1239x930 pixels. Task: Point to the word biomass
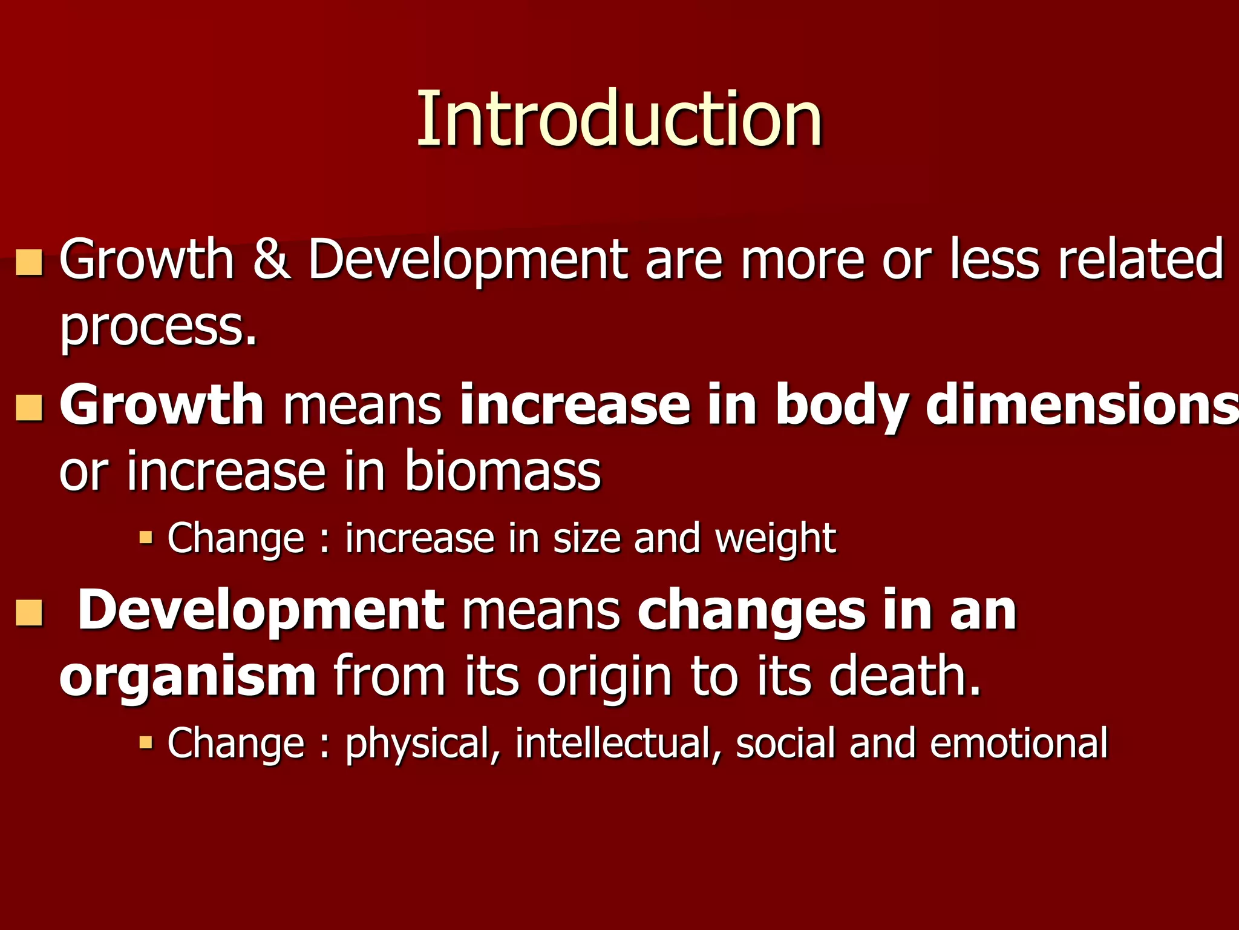coord(502,471)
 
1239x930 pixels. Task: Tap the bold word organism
coord(188,677)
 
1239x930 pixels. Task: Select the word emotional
coord(1019,742)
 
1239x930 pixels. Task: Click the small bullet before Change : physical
coord(146,741)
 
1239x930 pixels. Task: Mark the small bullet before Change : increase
coord(146,536)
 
